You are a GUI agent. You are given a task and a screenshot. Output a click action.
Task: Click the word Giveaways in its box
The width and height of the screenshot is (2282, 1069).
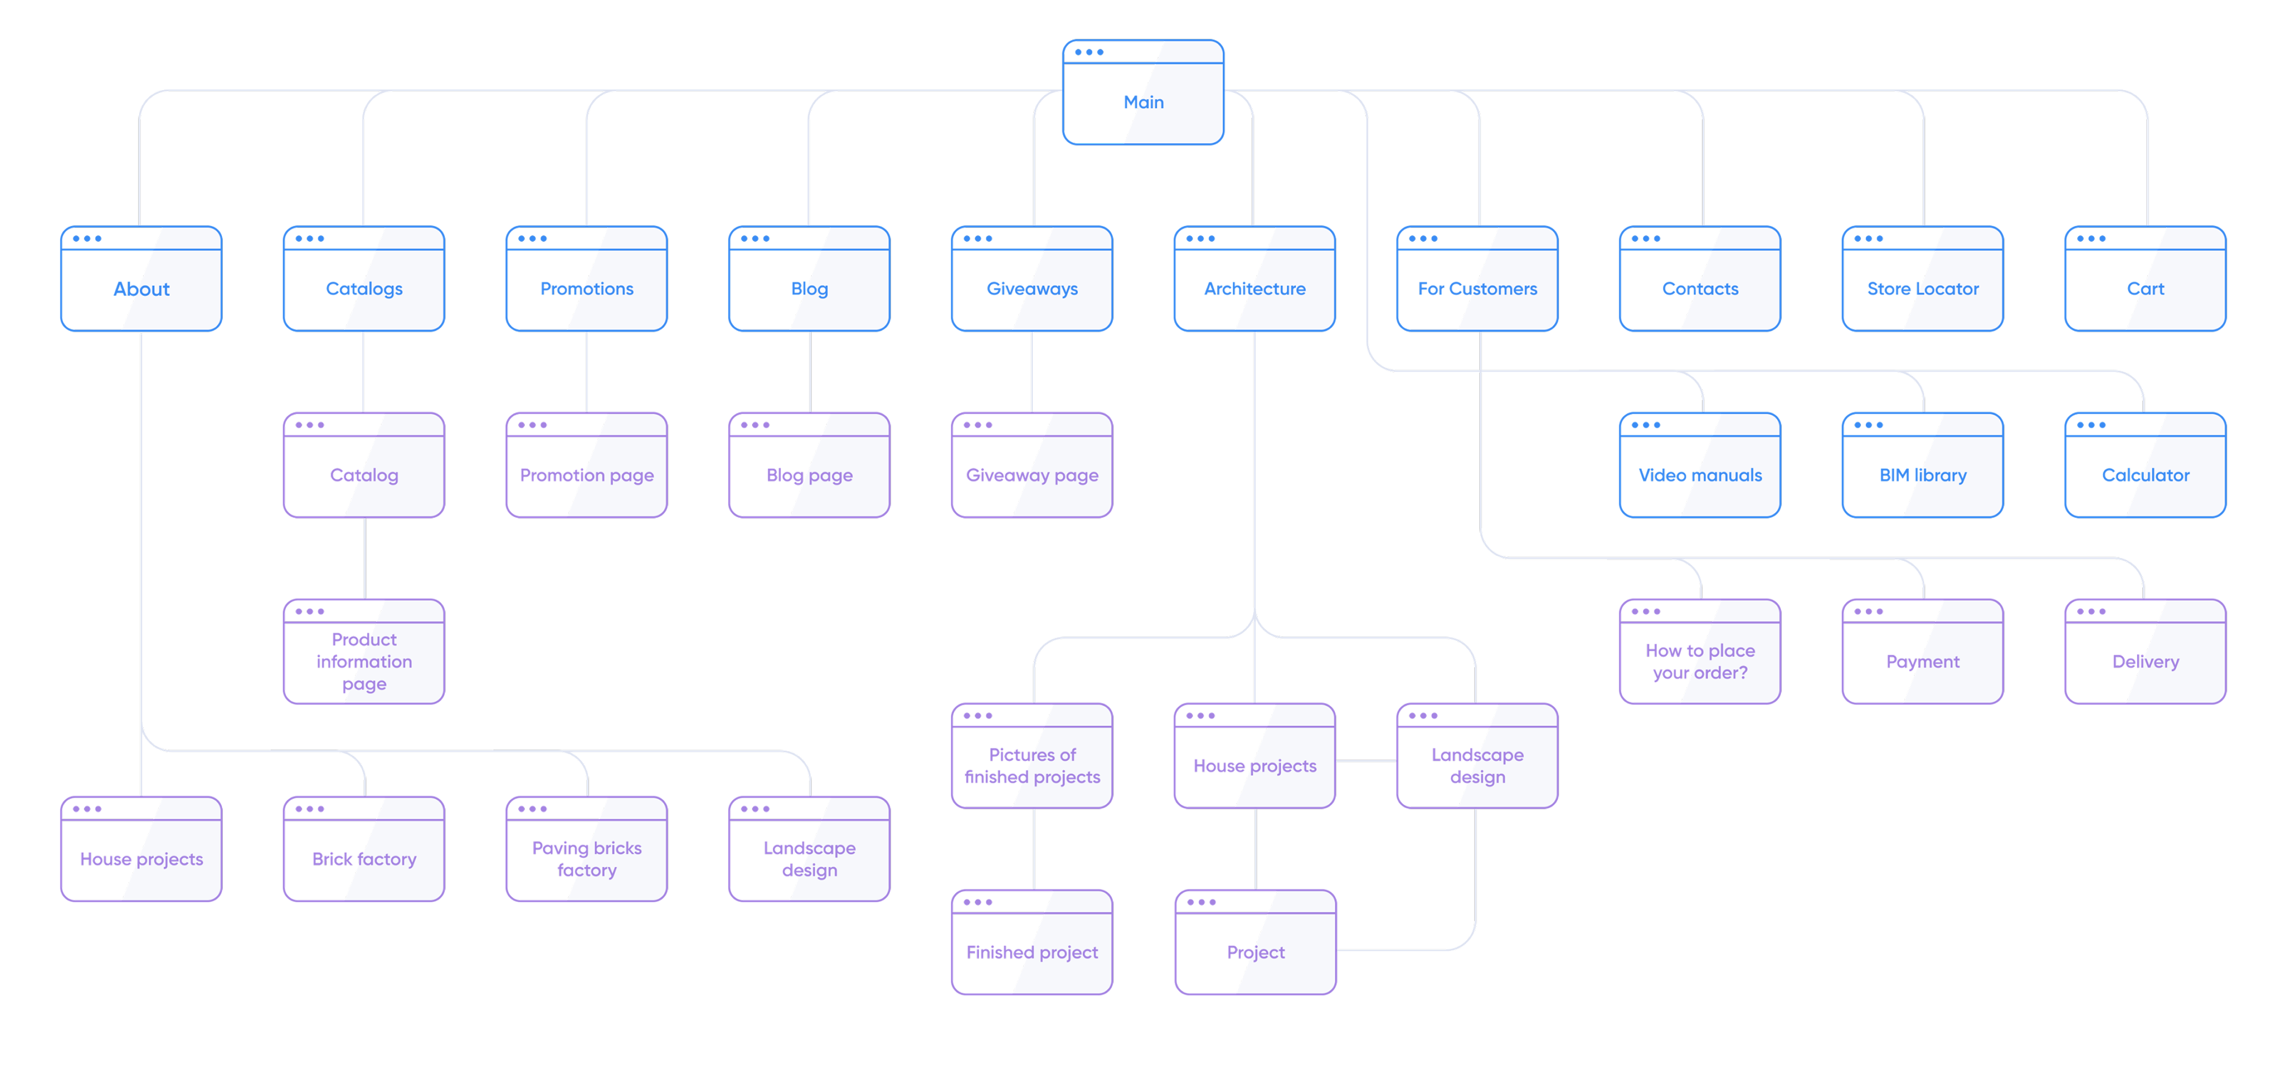click(1032, 289)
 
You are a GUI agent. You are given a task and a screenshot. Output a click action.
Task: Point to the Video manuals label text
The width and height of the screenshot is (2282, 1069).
click(1700, 475)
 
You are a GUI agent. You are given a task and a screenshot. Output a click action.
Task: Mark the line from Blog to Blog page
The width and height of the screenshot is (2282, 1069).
click(810, 372)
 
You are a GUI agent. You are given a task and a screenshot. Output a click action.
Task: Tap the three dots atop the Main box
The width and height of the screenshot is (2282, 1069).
click(1089, 52)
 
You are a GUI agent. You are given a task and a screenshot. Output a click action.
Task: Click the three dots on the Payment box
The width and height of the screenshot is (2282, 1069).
click(1868, 611)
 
